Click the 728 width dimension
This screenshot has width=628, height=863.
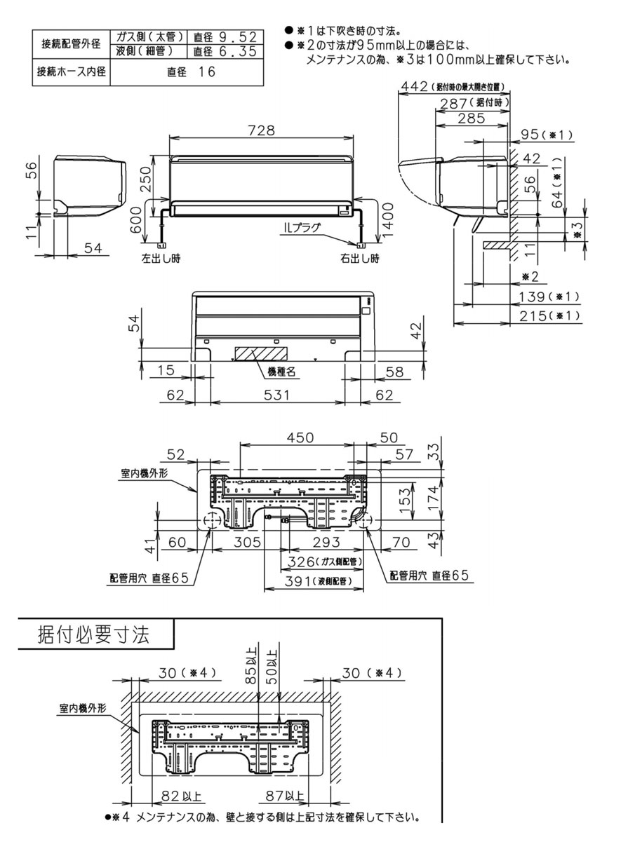click(261, 131)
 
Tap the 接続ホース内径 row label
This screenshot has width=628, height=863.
click(71, 72)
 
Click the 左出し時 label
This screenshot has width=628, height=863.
click(161, 258)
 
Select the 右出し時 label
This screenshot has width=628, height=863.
click(360, 258)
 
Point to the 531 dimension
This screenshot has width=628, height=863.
click(277, 395)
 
